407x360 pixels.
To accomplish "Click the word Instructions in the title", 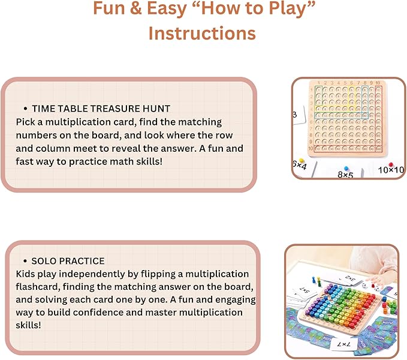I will tap(202, 33).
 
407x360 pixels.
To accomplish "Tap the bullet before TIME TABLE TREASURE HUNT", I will tap(25, 109).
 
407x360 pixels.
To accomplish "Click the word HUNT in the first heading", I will tap(156, 109).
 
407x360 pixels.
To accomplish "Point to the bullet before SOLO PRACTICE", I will tap(25, 261).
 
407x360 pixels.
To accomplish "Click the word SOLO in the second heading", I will tap(44, 261).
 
